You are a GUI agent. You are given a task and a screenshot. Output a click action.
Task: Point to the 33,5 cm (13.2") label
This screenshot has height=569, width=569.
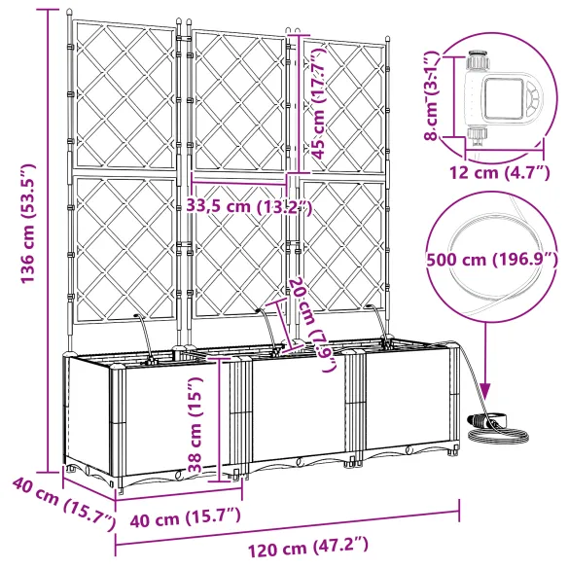[x=248, y=205]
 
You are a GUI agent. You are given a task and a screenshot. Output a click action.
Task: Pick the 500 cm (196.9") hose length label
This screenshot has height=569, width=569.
[x=492, y=260]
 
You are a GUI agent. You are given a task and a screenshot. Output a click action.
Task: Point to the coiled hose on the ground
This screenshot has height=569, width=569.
[x=492, y=421]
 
